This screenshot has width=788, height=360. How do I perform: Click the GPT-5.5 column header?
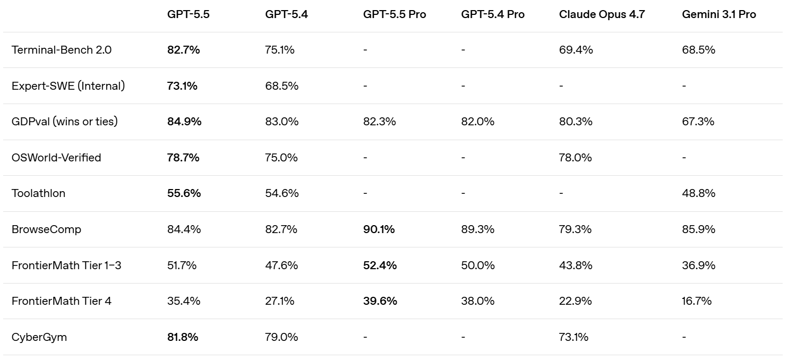(x=188, y=14)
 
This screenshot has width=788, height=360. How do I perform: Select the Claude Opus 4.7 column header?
(x=602, y=14)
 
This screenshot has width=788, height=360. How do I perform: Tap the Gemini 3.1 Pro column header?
(x=718, y=14)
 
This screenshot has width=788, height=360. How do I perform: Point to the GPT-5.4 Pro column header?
(x=493, y=14)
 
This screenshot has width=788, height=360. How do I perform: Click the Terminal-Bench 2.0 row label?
(x=62, y=50)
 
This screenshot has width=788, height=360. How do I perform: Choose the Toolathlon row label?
(x=38, y=193)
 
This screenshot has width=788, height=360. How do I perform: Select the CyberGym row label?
(x=39, y=337)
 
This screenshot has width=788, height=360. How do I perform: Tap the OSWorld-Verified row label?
(x=56, y=157)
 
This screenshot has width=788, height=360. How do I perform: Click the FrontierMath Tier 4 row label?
(x=61, y=301)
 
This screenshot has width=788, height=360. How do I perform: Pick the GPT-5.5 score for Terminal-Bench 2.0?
(x=183, y=50)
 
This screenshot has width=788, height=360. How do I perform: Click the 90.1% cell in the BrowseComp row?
(x=379, y=229)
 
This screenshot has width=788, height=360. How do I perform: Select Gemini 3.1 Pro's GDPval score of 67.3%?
(x=698, y=122)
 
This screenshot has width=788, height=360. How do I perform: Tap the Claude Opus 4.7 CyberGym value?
(x=573, y=337)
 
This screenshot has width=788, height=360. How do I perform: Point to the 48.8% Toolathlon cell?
(x=698, y=193)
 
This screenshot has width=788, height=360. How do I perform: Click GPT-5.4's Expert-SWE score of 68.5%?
(x=282, y=86)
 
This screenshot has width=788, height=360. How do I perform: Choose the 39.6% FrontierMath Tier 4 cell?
(x=380, y=301)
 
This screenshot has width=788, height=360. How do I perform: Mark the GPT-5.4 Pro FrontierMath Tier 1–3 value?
(x=478, y=265)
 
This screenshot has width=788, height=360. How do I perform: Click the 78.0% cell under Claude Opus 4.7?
(x=575, y=157)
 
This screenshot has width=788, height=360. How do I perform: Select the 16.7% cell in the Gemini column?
(x=697, y=301)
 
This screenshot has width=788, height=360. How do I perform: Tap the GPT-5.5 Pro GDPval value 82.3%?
(x=379, y=122)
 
